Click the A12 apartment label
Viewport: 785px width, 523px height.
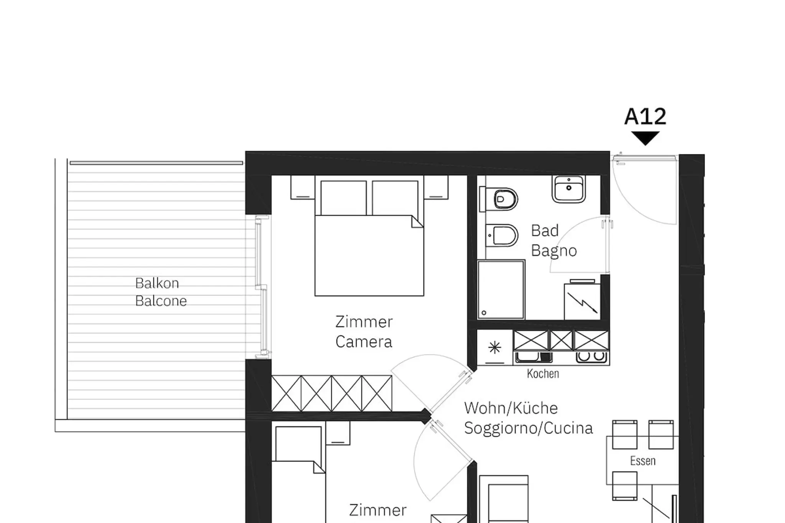pos(645,116)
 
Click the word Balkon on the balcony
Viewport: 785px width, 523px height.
pos(157,283)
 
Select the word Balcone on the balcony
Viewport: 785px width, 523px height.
pos(161,301)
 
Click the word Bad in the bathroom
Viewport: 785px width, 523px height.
pos(545,231)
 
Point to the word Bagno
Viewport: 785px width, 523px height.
pos(554,251)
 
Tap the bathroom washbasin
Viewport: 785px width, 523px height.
pos(569,189)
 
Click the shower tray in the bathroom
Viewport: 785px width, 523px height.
pos(501,290)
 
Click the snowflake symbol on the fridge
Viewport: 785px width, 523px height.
pos(495,348)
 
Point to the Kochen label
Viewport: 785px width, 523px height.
pos(543,374)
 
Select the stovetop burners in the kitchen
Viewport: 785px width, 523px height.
pos(591,357)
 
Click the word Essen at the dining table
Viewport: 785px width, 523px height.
pos(643,461)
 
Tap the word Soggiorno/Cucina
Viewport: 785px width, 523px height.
pos(529,428)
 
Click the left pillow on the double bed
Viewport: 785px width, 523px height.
pos(343,198)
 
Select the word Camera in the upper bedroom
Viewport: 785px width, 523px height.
pos(364,342)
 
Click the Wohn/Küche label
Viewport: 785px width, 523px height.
pos(511,408)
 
